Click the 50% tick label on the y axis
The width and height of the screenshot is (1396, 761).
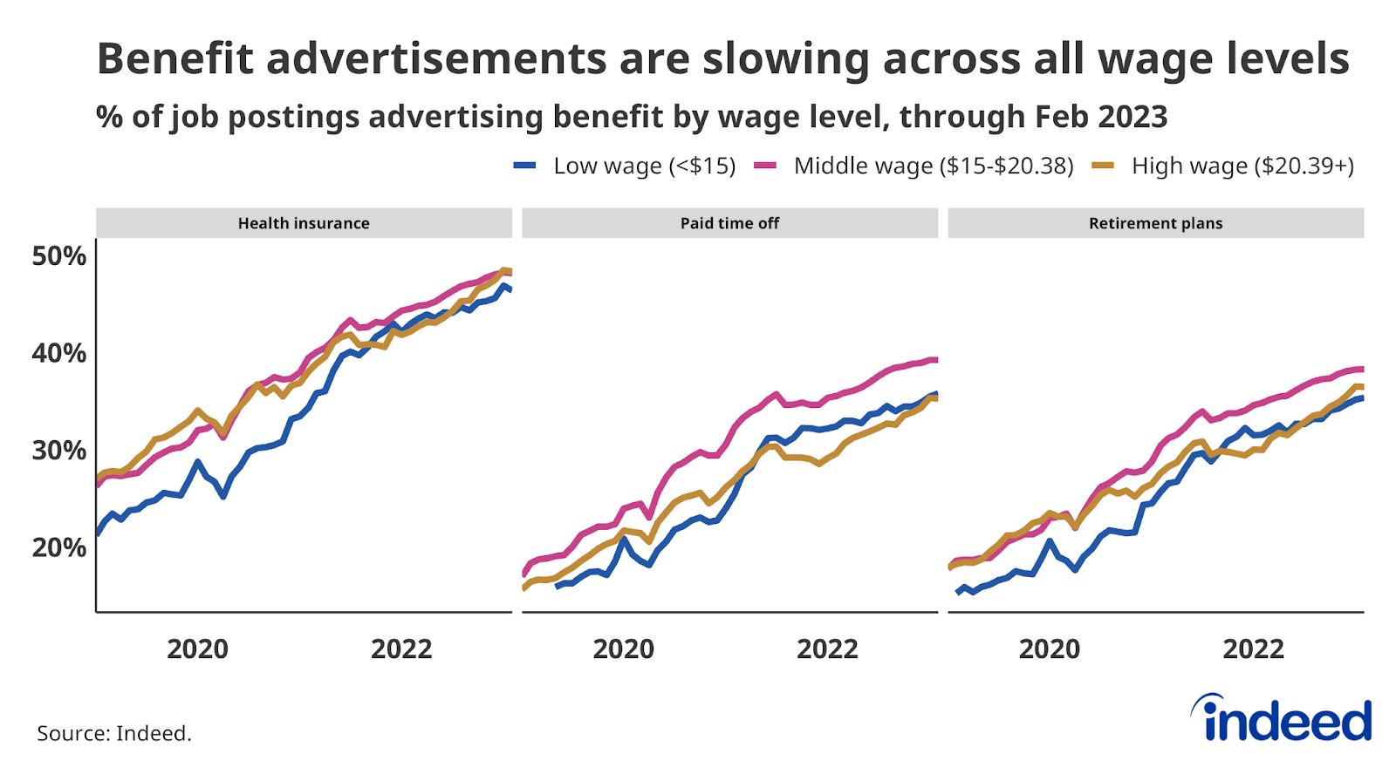pyautogui.click(x=59, y=256)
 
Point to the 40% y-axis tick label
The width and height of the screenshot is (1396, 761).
pyautogui.click(x=59, y=353)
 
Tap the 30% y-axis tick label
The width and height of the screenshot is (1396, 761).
pyautogui.click(x=59, y=451)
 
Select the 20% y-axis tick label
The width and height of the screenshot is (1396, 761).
pyautogui.click(x=59, y=547)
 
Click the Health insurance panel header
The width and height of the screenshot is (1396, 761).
pyautogui.click(x=304, y=223)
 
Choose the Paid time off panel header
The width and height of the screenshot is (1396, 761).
pyautogui.click(x=729, y=223)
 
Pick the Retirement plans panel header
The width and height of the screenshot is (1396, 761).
pyautogui.click(x=1155, y=223)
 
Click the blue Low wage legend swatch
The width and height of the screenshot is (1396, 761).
pyautogui.click(x=524, y=166)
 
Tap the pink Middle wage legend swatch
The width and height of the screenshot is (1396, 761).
pyautogui.click(x=765, y=166)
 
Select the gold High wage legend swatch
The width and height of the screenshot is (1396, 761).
pyautogui.click(x=1103, y=166)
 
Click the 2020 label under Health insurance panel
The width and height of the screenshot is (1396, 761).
pyautogui.click(x=197, y=649)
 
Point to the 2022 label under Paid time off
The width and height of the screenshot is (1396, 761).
pyautogui.click(x=827, y=649)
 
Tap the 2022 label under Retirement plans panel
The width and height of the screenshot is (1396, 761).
pyautogui.click(x=1253, y=649)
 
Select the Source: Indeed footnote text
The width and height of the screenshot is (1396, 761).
pyautogui.click(x=114, y=733)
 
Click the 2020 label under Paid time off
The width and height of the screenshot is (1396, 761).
pyautogui.click(x=623, y=649)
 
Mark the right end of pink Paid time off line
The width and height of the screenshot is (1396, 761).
pyautogui.click(x=936, y=359)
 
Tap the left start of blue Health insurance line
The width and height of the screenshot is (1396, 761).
pyautogui.click(x=97, y=533)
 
